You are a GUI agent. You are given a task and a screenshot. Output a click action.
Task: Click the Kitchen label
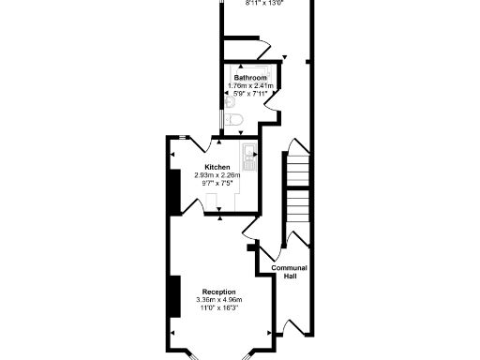click(217, 167)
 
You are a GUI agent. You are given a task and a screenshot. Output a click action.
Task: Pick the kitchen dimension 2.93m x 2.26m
click(217, 175)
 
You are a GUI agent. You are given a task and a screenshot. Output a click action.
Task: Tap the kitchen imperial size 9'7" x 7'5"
click(217, 184)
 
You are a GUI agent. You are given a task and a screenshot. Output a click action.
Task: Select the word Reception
click(217, 292)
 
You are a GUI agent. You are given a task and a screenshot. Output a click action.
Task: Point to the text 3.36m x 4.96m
click(217, 300)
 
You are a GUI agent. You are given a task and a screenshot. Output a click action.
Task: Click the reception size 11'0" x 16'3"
click(217, 308)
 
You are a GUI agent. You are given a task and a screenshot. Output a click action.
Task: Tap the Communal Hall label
click(290, 272)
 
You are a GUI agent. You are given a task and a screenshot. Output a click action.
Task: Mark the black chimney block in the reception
click(173, 295)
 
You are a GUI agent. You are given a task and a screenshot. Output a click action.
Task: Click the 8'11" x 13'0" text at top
click(263, 3)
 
